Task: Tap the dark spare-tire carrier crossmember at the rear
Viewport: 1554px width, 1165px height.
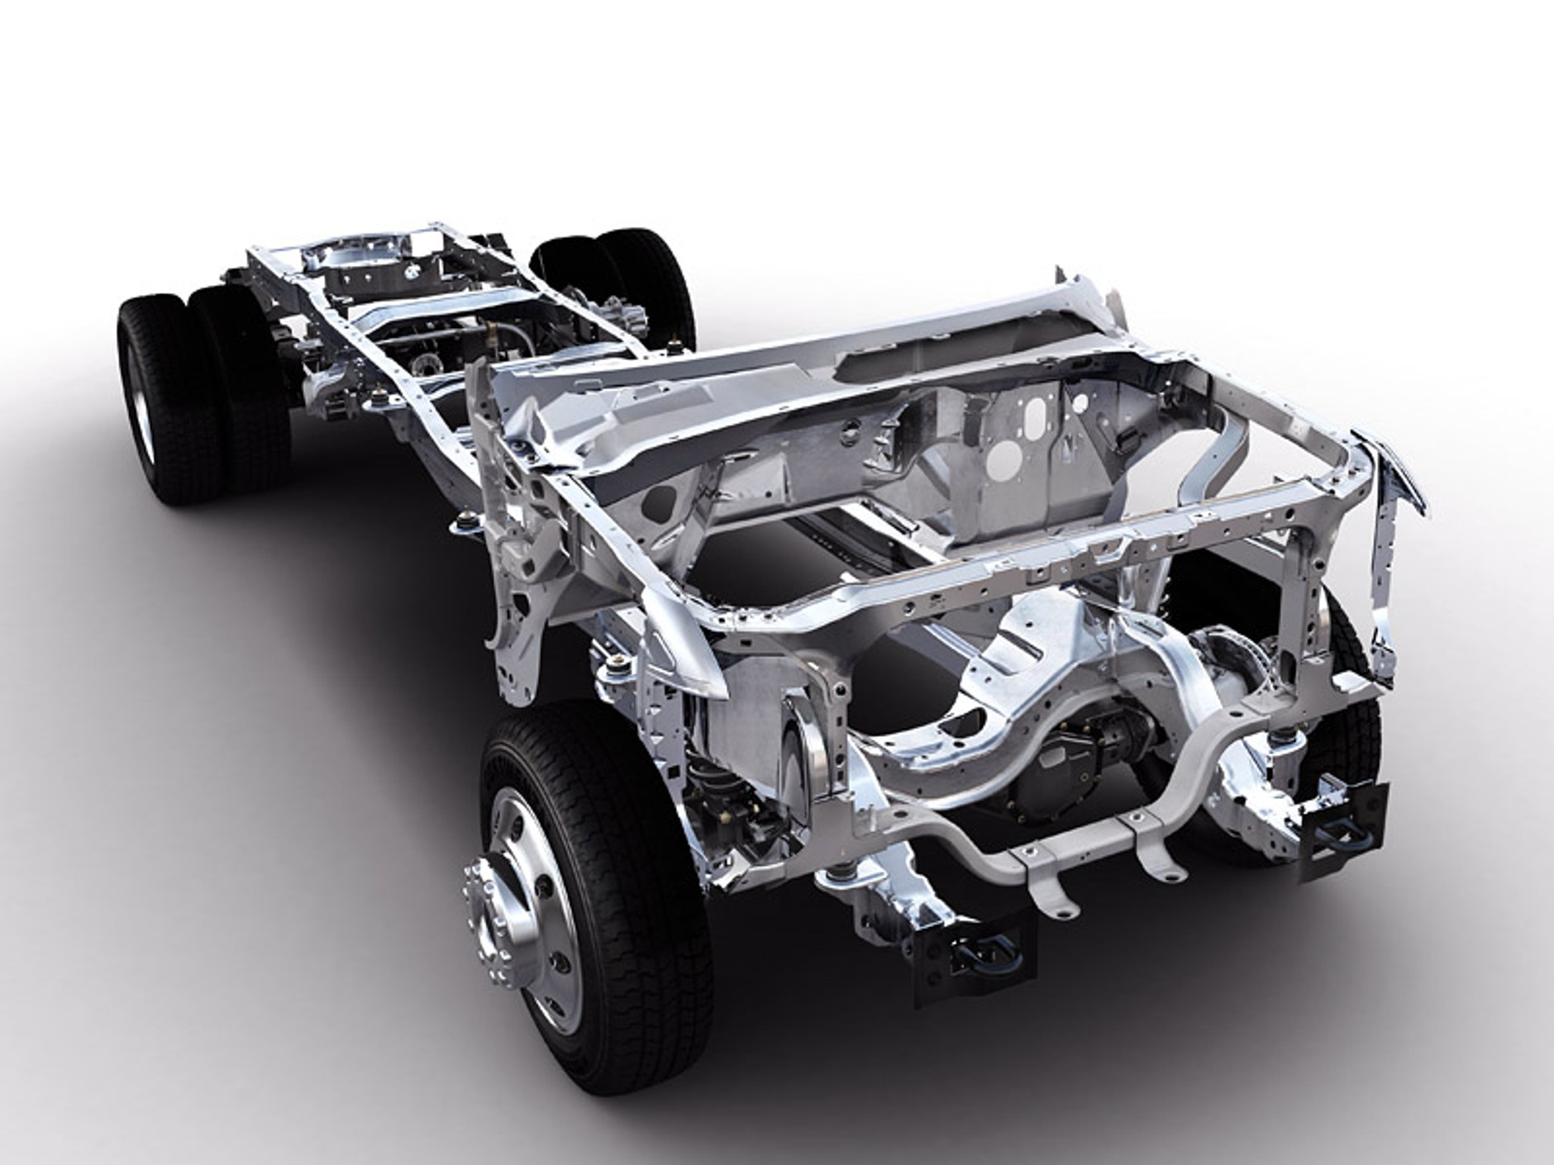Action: (x=368, y=273)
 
